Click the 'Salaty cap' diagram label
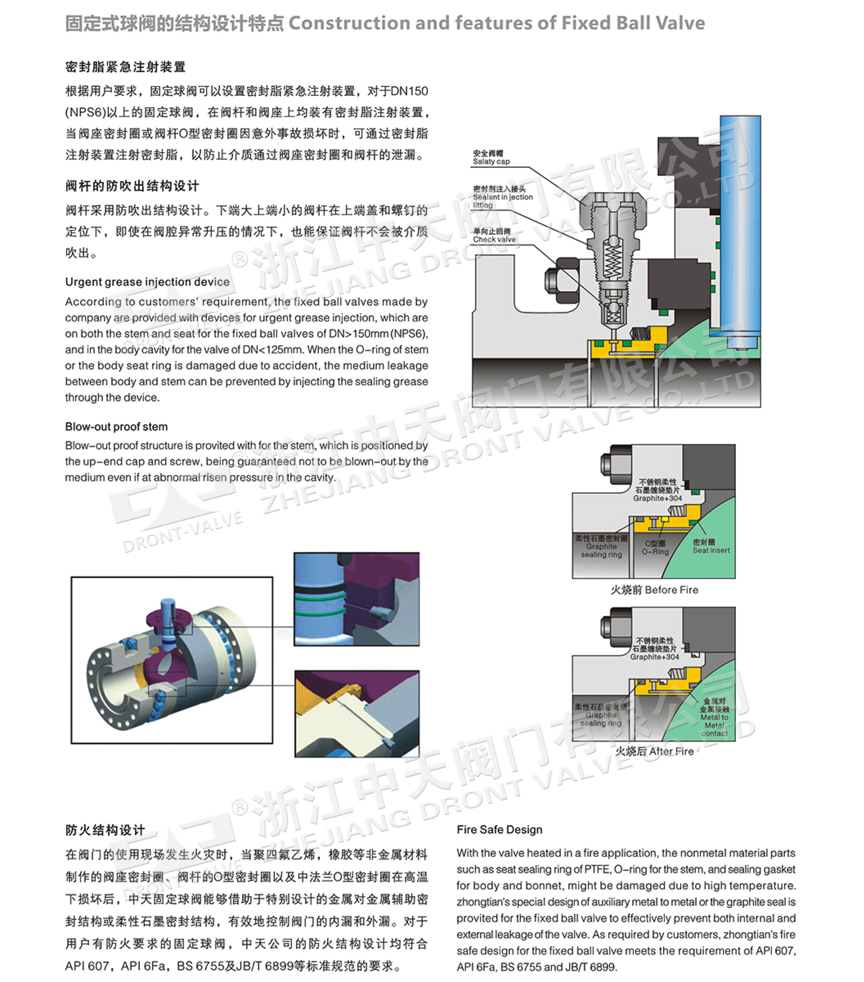pyautogui.click(x=491, y=158)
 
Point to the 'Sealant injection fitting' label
pyautogui.click(x=502, y=197)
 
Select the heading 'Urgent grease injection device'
pyautogui.click(x=147, y=282)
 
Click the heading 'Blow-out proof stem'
pyautogui.click(x=116, y=427)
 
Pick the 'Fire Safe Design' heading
pyautogui.click(x=499, y=830)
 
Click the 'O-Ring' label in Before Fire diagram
pyautogui.click(x=655, y=548)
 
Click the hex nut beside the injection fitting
pyautogui.click(x=561, y=280)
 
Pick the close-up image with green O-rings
pyautogui.click(x=356, y=599)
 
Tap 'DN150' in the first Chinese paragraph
pyautogui.click(x=409, y=91)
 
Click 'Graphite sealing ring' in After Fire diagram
pyautogui.click(x=601, y=715)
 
